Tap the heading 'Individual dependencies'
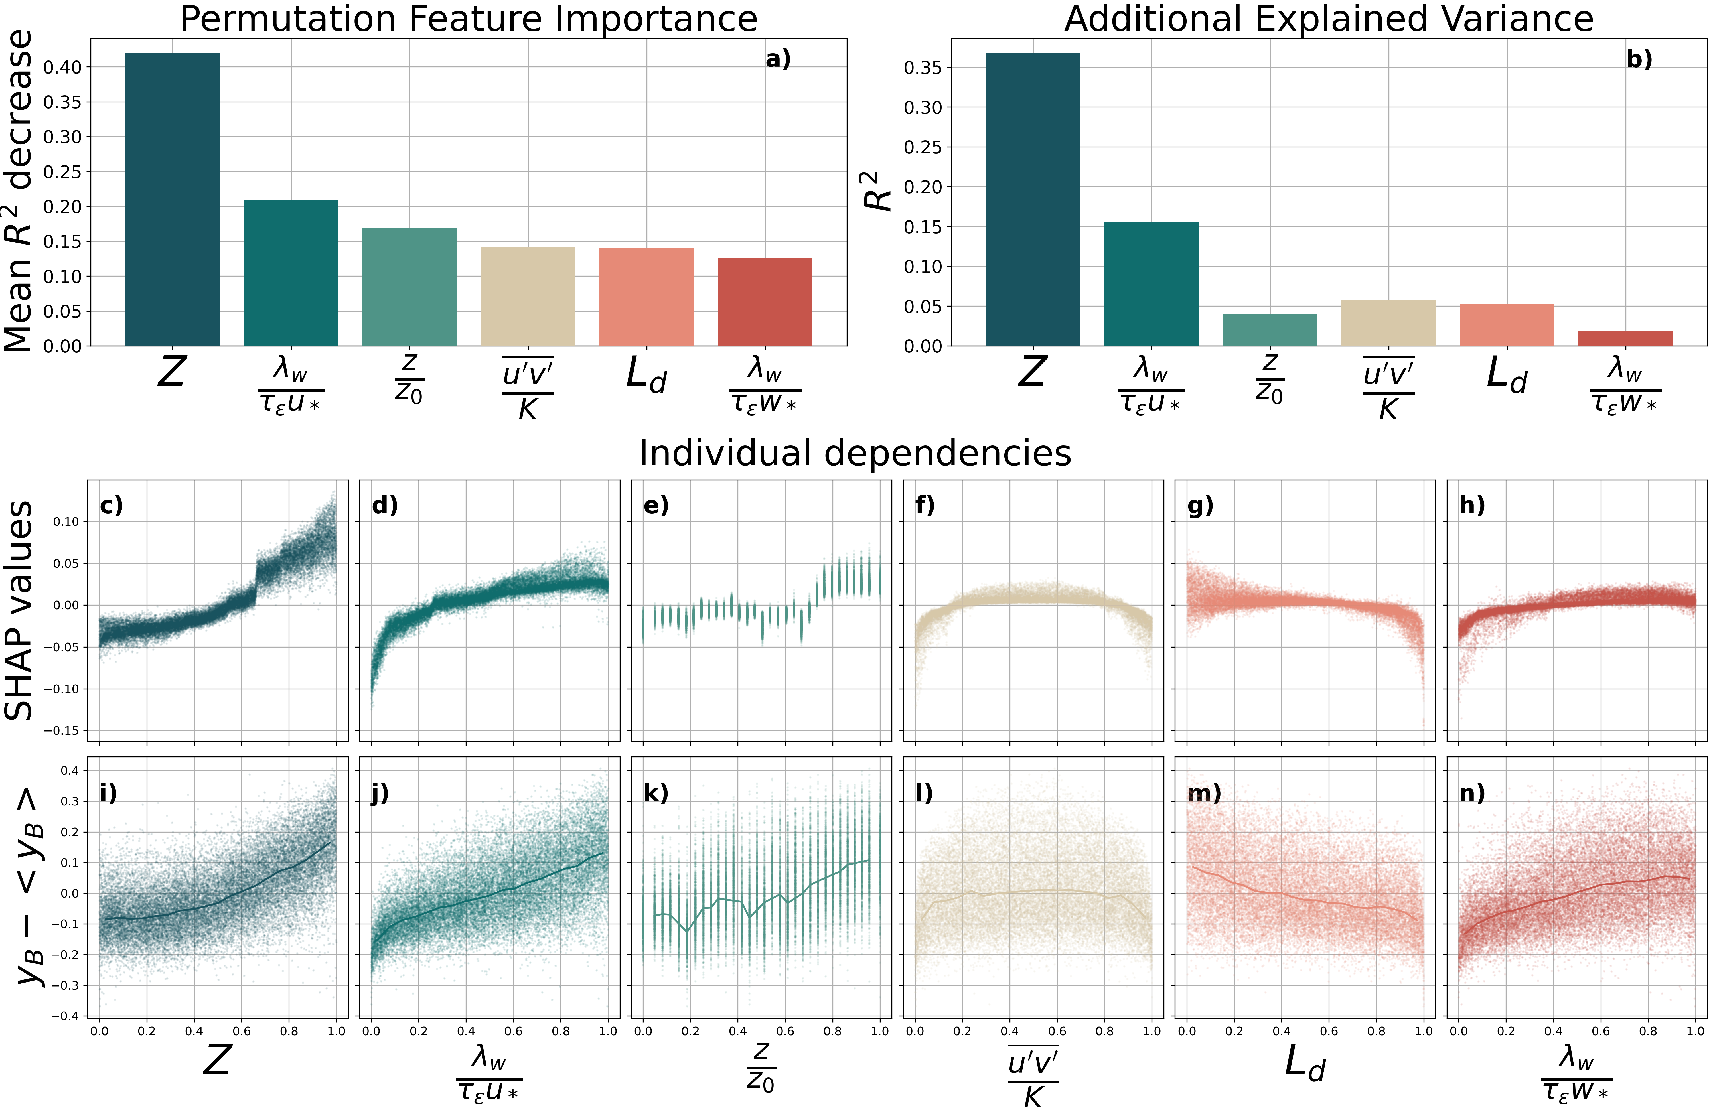click(x=855, y=454)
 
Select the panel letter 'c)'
click(x=112, y=505)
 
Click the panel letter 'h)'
click(x=1472, y=505)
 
